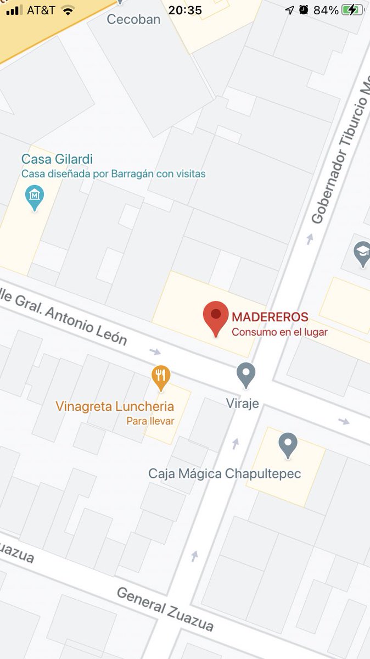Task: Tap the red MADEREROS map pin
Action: point(216,317)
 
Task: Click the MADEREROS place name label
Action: point(270,317)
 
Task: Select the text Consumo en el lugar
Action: point(279,332)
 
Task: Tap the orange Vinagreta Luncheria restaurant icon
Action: point(161,377)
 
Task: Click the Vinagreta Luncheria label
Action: point(115,407)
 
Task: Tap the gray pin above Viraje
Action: point(246,375)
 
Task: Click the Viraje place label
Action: point(242,403)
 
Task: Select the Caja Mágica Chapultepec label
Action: point(225,473)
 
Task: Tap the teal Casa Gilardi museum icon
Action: point(35,196)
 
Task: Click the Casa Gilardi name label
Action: point(57,159)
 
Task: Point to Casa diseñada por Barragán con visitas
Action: point(113,174)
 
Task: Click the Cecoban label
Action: point(133,20)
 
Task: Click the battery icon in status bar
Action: point(352,10)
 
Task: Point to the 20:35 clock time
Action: point(185,10)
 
